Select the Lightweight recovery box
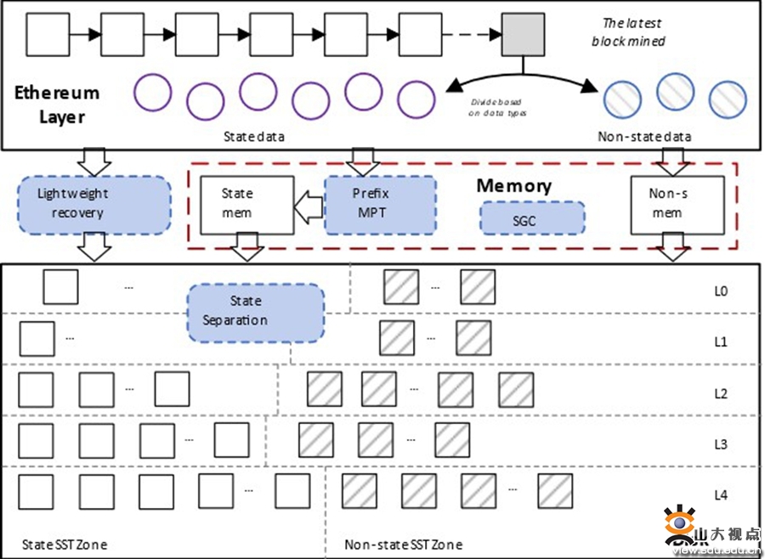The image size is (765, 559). pyautogui.click(x=93, y=204)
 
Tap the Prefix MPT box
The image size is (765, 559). pyautogui.click(x=380, y=204)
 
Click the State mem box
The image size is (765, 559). pyautogui.click(x=246, y=205)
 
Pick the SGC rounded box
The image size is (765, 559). pyautogui.click(x=532, y=218)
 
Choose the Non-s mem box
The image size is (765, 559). pyautogui.click(x=677, y=205)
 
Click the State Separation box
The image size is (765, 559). pyautogui.click(x=256, y=311)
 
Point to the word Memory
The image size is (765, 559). pyautogui.click(x=513, y=185)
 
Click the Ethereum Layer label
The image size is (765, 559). pyautogui.click(x=57, y=104)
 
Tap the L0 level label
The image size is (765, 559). pyautogui.click(x=721, y=291)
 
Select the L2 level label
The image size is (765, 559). pyautogui.click(x=721, y=393)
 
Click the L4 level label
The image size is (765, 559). pyautogui.click(x=721, y=495)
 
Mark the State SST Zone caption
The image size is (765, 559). pyautogui.click(x=65, y=544)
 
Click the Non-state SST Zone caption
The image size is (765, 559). pyautogui.click(x=404, y=544)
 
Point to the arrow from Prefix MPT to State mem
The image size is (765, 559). pyautogui.click(x=309, y=205)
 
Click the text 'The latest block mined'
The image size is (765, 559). pyautogui.click(x=633, y=32)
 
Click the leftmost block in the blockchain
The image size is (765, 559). pyautogui.click(x=48, y=35)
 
